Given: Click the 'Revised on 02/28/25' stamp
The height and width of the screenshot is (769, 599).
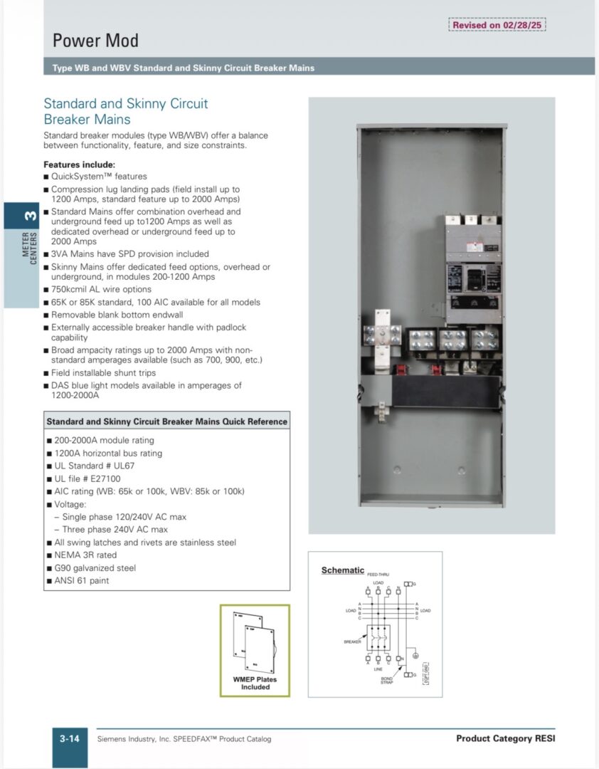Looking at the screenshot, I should click(498, 25).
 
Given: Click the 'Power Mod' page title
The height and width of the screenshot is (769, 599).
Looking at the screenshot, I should click(95, 41).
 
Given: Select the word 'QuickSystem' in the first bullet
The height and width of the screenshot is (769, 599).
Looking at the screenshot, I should click(76, 177).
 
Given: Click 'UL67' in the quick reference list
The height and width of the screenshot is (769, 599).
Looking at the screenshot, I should click(124, 466).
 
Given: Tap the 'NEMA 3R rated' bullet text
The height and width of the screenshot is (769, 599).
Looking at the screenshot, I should click(86, 555).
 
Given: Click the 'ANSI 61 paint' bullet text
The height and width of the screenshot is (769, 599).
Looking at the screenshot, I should click(82, 580).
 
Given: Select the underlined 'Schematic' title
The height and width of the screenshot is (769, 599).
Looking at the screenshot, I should click(343, 570).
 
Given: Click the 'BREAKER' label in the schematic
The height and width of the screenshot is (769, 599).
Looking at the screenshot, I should click(353, 642).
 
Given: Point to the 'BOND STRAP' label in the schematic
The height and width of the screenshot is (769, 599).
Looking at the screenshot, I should click(386, 681).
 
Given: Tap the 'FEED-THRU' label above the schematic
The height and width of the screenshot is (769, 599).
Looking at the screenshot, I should click(378, 574).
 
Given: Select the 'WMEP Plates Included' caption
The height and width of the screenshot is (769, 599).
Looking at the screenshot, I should click(255, 683).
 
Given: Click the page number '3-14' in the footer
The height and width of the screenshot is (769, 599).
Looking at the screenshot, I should click(69, 738).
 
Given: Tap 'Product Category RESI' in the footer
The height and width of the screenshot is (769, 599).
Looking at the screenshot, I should click(505, 738).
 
